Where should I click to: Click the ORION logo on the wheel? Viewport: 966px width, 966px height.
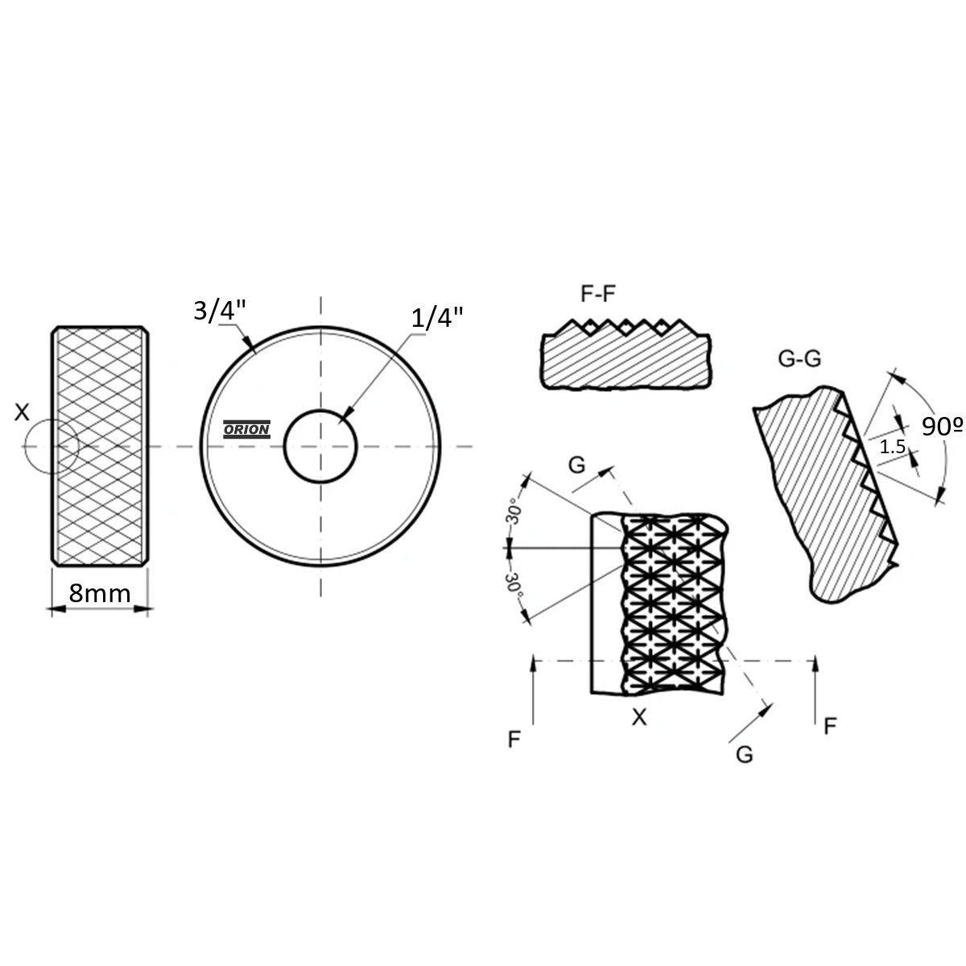(246, 429)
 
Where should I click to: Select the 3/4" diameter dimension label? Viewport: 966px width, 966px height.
(220, 311)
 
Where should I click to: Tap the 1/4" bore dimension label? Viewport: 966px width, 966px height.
(437, 317)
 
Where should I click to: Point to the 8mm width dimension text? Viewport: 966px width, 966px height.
(100, 593)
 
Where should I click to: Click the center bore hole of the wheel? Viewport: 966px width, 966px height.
(320, 446)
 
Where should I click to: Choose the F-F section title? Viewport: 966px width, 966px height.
(597, 294)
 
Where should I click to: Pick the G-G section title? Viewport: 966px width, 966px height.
(799, 358)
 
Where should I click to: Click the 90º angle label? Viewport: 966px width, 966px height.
(943, 426)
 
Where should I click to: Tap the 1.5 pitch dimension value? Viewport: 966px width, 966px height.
(892, 446)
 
